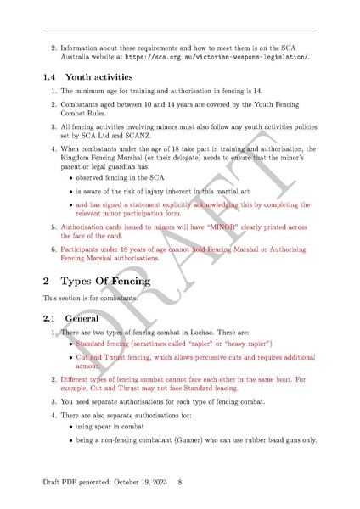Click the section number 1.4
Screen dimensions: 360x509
coord(50,76)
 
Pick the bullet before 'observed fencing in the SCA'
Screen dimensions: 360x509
coord(68,179)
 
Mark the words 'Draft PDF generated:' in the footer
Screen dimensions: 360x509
coord(74,482)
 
